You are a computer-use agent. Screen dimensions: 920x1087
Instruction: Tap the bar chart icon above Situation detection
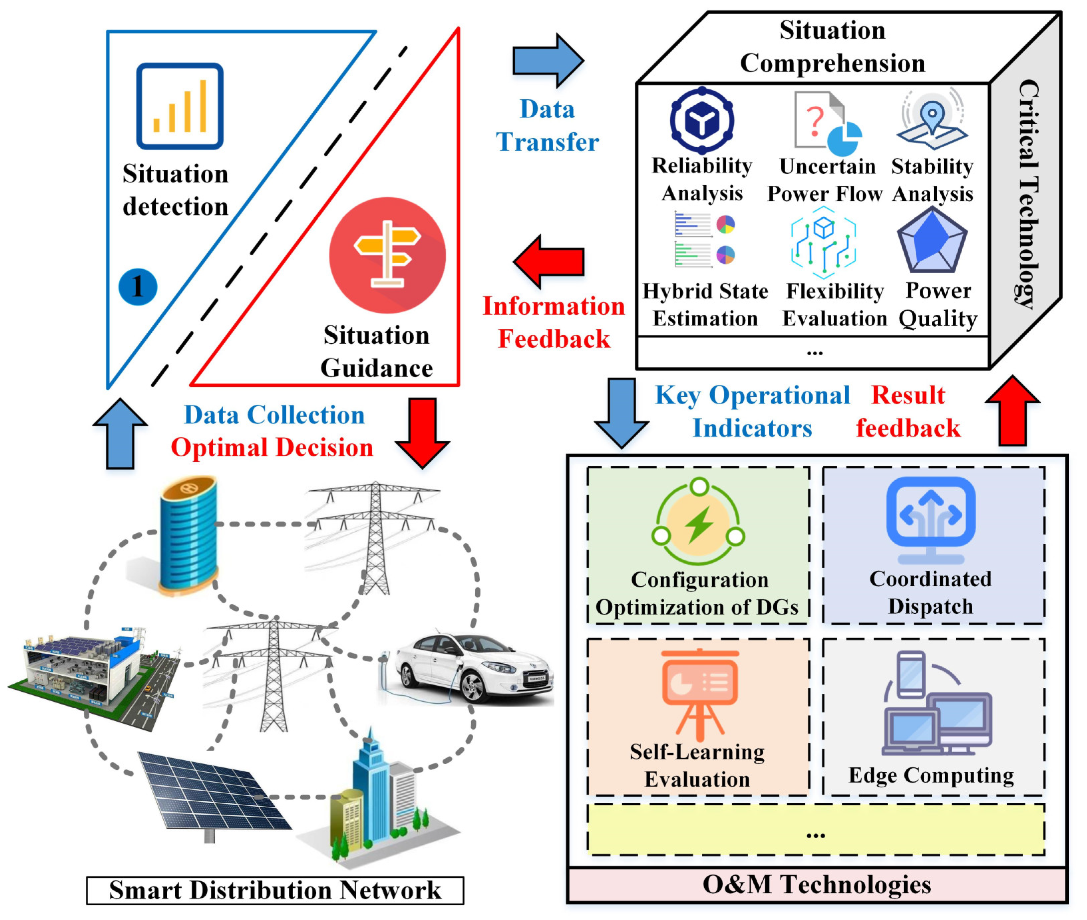tap(180, 106)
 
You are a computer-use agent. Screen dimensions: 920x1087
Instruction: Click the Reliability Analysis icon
tap(702, 120)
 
